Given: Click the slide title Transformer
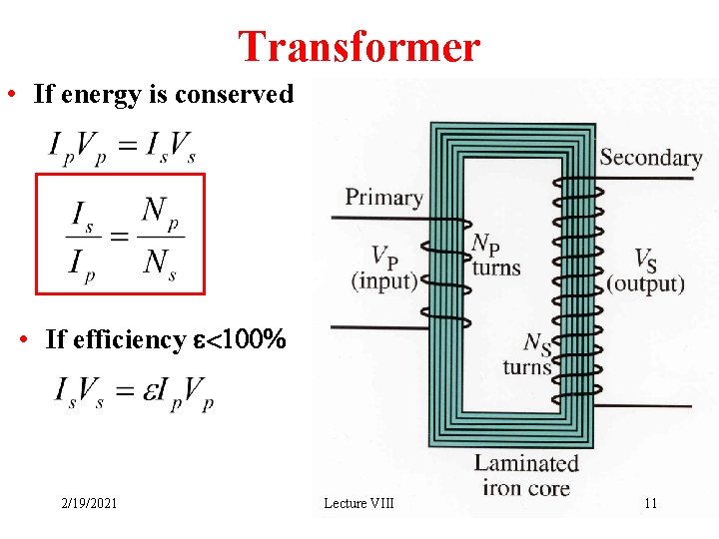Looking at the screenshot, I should (x=359, y=46).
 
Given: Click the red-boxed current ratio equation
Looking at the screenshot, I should (x=121, y=235).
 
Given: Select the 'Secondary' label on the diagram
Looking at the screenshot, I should (x=650, y=158).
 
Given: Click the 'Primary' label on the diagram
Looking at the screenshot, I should (x=383, y=197).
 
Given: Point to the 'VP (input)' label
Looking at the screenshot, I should (x=383, y=269).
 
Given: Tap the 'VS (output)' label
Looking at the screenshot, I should (x=645, y=270).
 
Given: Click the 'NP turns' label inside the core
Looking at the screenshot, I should (x=495, y=255).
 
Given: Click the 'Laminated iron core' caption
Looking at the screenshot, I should (x=526, y=475).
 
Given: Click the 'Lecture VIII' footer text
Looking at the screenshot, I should (x=359, y=503).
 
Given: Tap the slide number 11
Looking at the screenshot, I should (x=650, y=503).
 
